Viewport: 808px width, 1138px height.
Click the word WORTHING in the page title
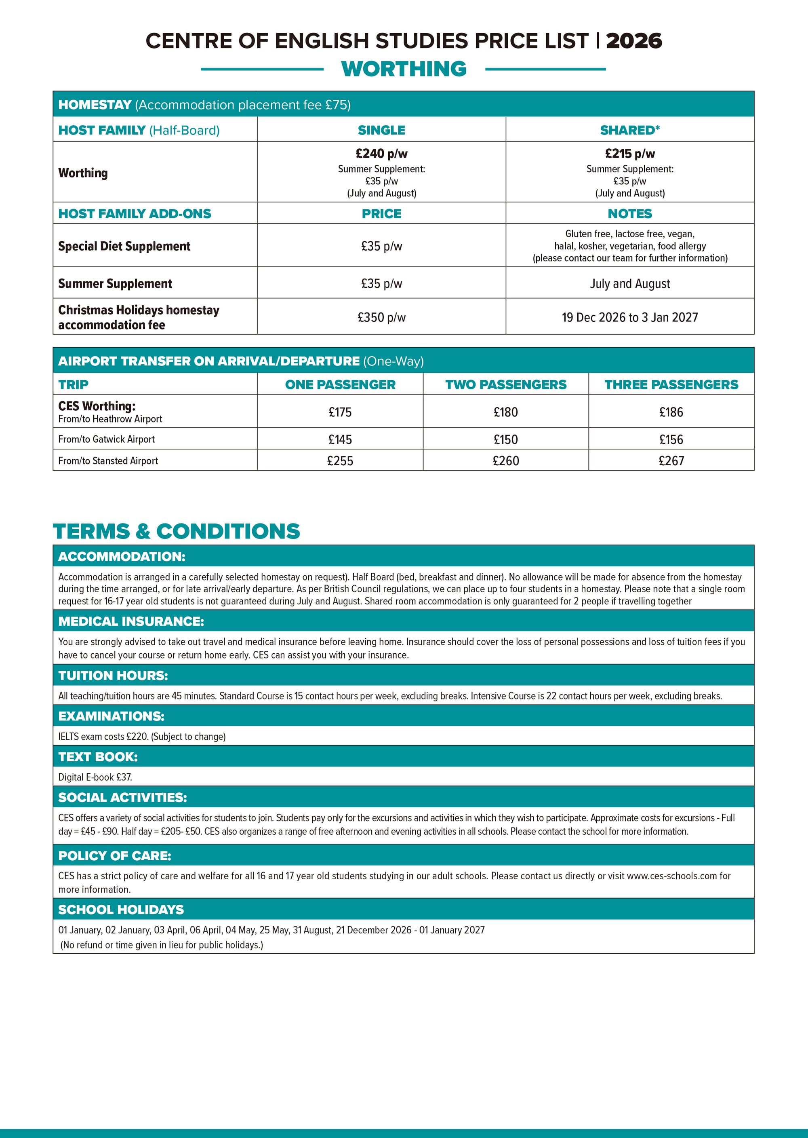point(404,69)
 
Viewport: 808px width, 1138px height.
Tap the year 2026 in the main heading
point(634,41)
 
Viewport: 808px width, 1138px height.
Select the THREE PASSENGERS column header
point(671,384)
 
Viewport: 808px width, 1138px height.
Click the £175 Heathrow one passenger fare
point(340,412)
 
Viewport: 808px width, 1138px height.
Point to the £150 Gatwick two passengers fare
point(505,439)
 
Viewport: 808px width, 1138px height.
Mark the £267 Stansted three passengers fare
point(671,461)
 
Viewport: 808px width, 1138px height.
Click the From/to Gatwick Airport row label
point(107,439)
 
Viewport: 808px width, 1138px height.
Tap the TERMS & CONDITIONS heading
point(176,531)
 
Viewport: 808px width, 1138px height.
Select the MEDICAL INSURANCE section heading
point(131,621)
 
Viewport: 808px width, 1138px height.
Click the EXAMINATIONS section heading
point(111,716)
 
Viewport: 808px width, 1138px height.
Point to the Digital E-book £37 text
point(95,777)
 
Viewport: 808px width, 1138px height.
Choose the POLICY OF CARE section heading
point(114,856)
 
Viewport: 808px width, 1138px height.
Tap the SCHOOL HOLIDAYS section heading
point(121,910)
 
